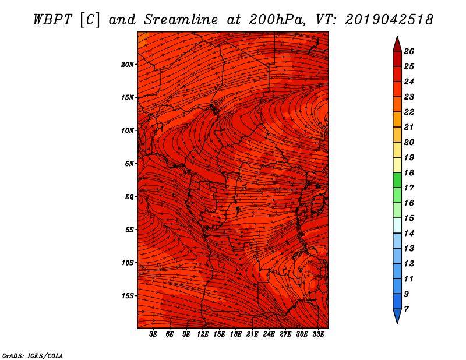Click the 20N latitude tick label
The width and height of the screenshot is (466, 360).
point(128,65)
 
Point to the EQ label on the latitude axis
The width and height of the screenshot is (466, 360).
point(129,197)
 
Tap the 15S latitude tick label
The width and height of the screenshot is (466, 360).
point(128,296)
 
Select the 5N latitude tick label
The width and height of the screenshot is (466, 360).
point(129,164)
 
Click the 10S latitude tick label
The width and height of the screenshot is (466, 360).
point(128,263)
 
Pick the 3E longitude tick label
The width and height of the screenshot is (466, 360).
point(153,334)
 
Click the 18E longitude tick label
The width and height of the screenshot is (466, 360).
point(236,334)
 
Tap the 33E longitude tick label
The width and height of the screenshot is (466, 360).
point(318,334)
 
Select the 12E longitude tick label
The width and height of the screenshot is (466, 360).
point(203,334)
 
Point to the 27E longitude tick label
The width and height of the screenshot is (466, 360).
point(285,334)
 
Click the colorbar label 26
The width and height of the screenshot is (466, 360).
point(409,51)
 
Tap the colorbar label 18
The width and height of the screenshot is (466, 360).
point(409,172)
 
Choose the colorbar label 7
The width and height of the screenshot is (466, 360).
point(406,309)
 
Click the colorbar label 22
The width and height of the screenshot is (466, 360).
point(409,112)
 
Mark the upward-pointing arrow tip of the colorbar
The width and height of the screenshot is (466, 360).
point(397,36)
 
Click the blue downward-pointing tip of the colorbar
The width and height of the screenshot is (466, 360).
point(397,323)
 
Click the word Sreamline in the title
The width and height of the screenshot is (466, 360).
point(181,20)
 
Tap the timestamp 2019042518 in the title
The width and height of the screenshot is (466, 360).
point(389,20)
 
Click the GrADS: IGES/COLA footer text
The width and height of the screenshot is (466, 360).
point(33,356)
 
